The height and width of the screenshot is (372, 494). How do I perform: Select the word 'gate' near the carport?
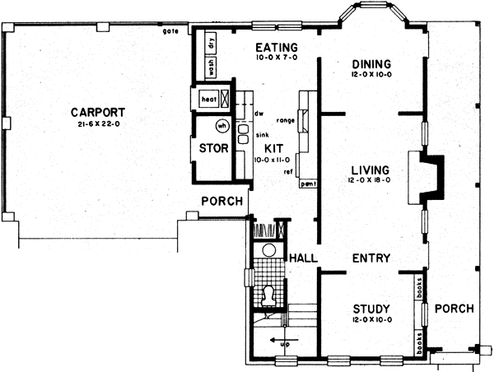tap(171, 31)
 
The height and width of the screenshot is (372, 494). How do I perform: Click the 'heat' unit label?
tap(209, 100)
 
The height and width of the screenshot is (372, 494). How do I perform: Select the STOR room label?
tap(213, 149)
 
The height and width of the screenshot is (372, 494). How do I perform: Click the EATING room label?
tap(276, 47)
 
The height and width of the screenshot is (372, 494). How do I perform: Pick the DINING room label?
tap(370, 64)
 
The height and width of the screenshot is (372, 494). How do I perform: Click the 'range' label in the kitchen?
tap(286, 120)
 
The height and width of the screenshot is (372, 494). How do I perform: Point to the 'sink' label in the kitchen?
tap(263, 133)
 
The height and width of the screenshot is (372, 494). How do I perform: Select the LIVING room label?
tap(369, 171)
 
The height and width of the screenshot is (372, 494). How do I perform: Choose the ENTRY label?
tap(370, 258)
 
